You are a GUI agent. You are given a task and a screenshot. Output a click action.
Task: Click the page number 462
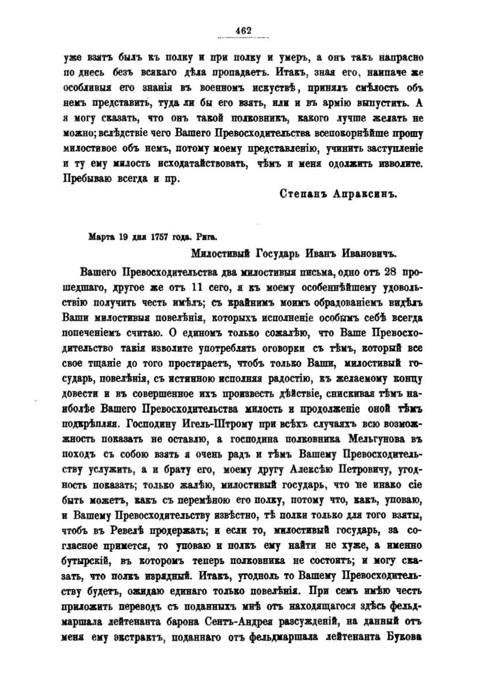point(242,31)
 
